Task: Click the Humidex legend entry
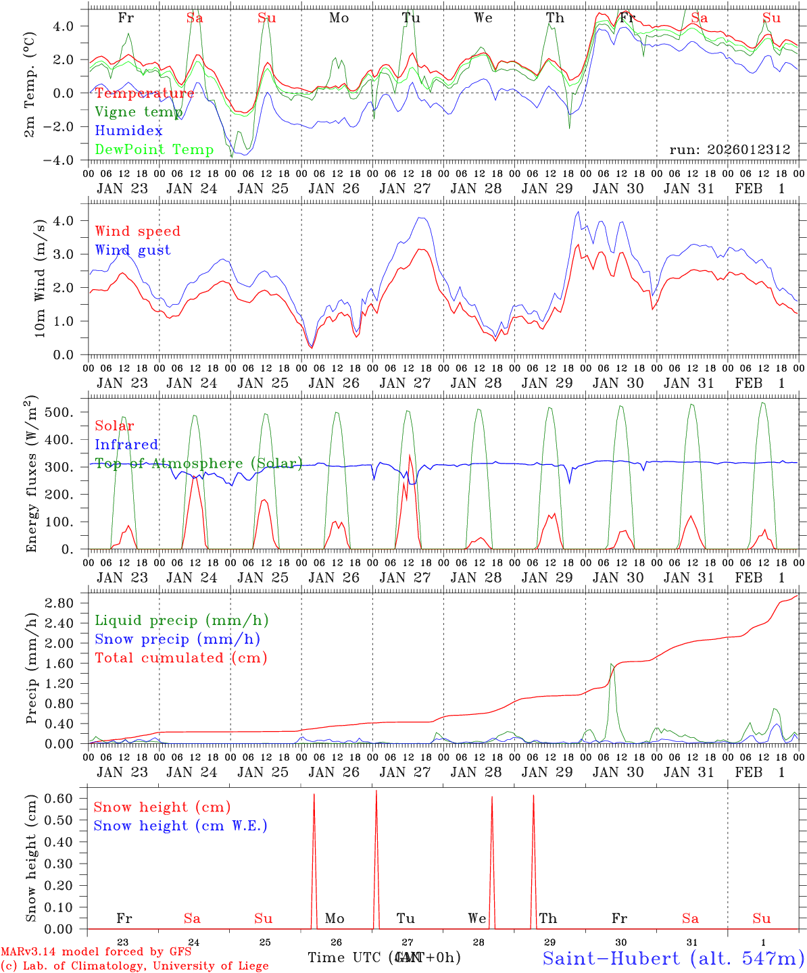(128, 131)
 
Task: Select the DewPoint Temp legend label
(154, 150)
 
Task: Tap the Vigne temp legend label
(138, 112)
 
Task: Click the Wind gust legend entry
(132, 250)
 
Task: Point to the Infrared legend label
(126, 445)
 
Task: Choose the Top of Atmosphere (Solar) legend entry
(198, 464)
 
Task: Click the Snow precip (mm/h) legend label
(177, 639)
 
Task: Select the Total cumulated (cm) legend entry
(180, 658)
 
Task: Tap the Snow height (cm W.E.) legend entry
(180, 826)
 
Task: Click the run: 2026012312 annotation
(730, 150)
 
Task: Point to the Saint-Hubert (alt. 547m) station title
(673, 957)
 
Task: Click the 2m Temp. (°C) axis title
(30, 84)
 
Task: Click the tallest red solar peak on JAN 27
(410, 456)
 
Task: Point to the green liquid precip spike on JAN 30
(612, 665)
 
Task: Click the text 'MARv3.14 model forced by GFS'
(96, 952)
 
